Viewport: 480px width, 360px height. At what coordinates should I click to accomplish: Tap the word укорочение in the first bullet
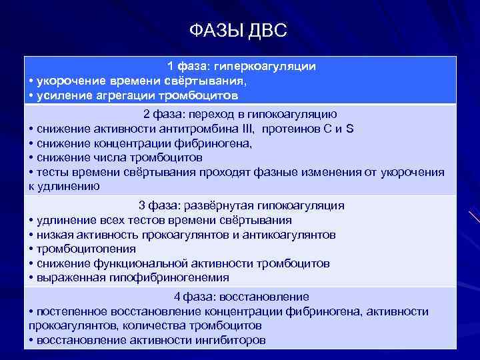click(67, 81)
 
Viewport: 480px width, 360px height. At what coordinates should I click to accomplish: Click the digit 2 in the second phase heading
click(146, 114)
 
